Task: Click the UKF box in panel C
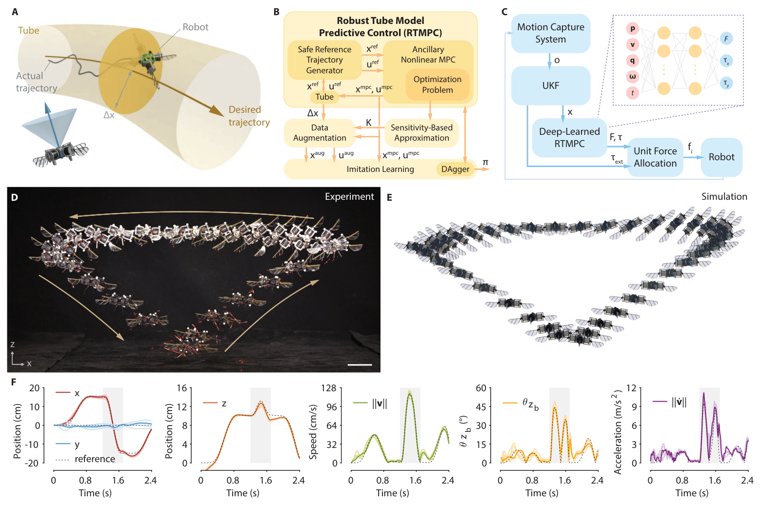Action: point(550,85)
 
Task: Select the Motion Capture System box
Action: point(550,33)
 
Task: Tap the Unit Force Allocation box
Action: point(655,157)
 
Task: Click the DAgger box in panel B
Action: point(455,169)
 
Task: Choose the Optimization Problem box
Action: point(437,85)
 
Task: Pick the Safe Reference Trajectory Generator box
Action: point(324,60)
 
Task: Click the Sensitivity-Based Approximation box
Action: point(421,133)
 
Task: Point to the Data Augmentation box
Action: point(320,133)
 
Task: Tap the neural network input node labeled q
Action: point(632,61)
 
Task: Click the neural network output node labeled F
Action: point(726,39)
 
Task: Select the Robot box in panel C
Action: point(721,157)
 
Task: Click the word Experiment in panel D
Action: point(349,196)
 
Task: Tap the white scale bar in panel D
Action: point(360,364)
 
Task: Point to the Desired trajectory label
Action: point(249,116)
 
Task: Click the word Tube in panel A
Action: point(28,30)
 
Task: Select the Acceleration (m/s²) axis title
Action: point(618,432)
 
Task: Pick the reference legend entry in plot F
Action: point(95,459)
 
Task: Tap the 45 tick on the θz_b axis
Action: point(481,406)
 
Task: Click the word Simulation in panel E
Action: point(724,196)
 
